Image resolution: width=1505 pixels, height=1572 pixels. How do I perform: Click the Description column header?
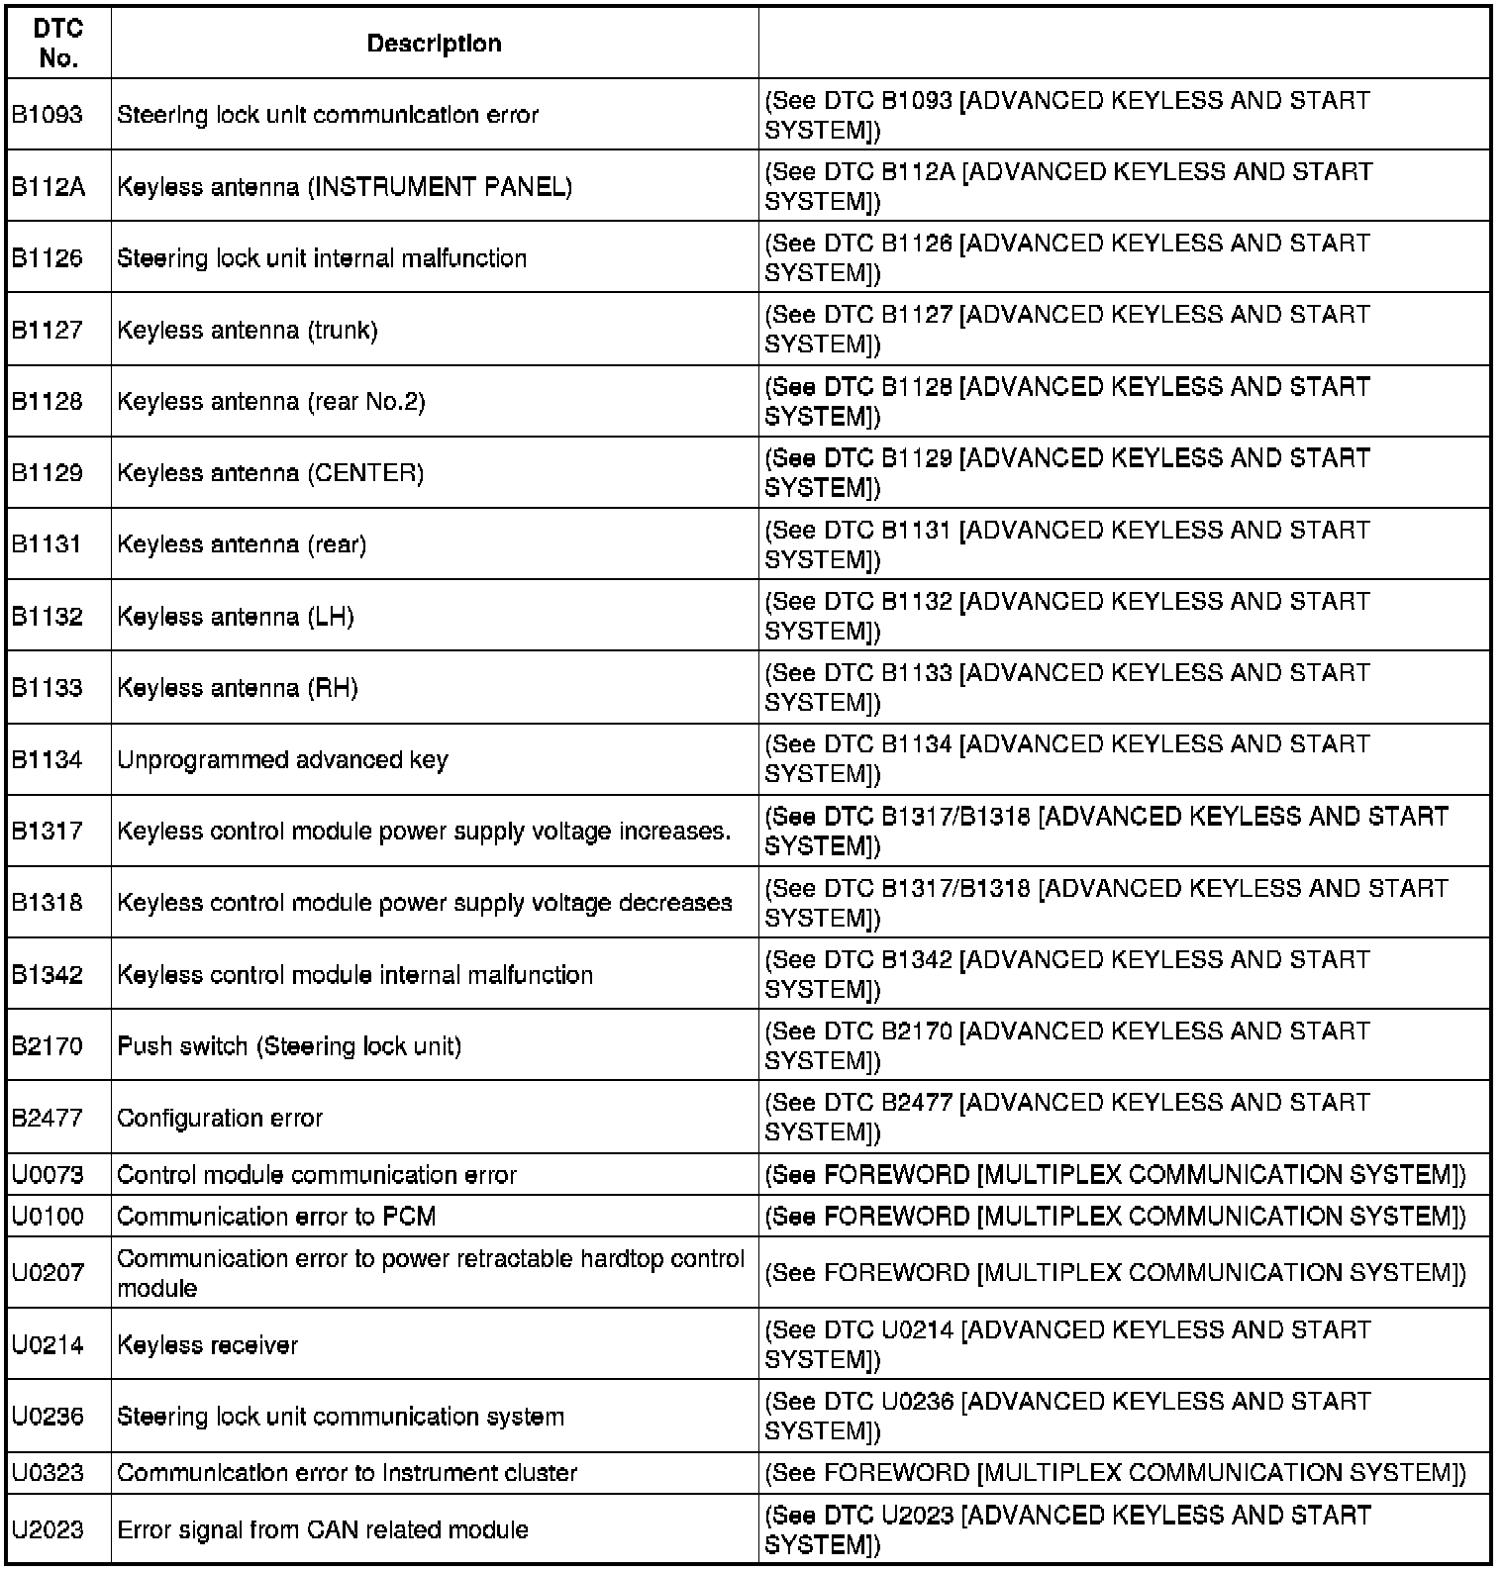[434, 44]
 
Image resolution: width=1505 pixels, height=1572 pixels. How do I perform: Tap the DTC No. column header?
[58, 44]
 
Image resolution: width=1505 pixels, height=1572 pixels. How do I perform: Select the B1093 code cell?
[48, 115]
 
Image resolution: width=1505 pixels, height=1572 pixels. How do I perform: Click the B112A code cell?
[49, 186]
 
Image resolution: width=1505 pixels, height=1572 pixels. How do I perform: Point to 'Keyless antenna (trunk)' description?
[248, 330]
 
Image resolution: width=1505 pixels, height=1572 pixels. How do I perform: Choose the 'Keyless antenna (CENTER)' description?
[270, 473]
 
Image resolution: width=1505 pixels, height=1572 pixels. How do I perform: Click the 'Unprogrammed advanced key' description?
[282, 759]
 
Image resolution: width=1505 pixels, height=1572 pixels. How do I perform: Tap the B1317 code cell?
[48, 831]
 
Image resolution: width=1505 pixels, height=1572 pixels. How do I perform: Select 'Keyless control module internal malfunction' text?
[354, 974]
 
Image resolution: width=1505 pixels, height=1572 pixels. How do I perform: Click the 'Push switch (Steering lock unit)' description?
[289, 1046]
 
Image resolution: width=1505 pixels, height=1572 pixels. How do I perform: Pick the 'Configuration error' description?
[220, 1118]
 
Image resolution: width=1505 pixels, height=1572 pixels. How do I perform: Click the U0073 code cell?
[48, 1175]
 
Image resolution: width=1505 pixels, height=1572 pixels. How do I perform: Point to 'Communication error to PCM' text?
[276, 1216]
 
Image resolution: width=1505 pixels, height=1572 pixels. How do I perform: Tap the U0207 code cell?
[48, 1273]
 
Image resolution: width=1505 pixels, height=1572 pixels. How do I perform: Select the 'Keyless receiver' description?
[207, 1344]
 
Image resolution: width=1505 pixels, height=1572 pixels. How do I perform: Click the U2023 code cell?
[48, 1529]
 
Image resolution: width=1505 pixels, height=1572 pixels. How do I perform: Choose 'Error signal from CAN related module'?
[323, 1529]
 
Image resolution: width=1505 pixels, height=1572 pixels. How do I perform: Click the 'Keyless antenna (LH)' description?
[236, 616]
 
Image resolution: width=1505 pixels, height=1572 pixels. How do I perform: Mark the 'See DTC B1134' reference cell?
[1067, 758]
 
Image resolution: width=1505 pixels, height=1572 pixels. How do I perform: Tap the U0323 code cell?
[48, 1473]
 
